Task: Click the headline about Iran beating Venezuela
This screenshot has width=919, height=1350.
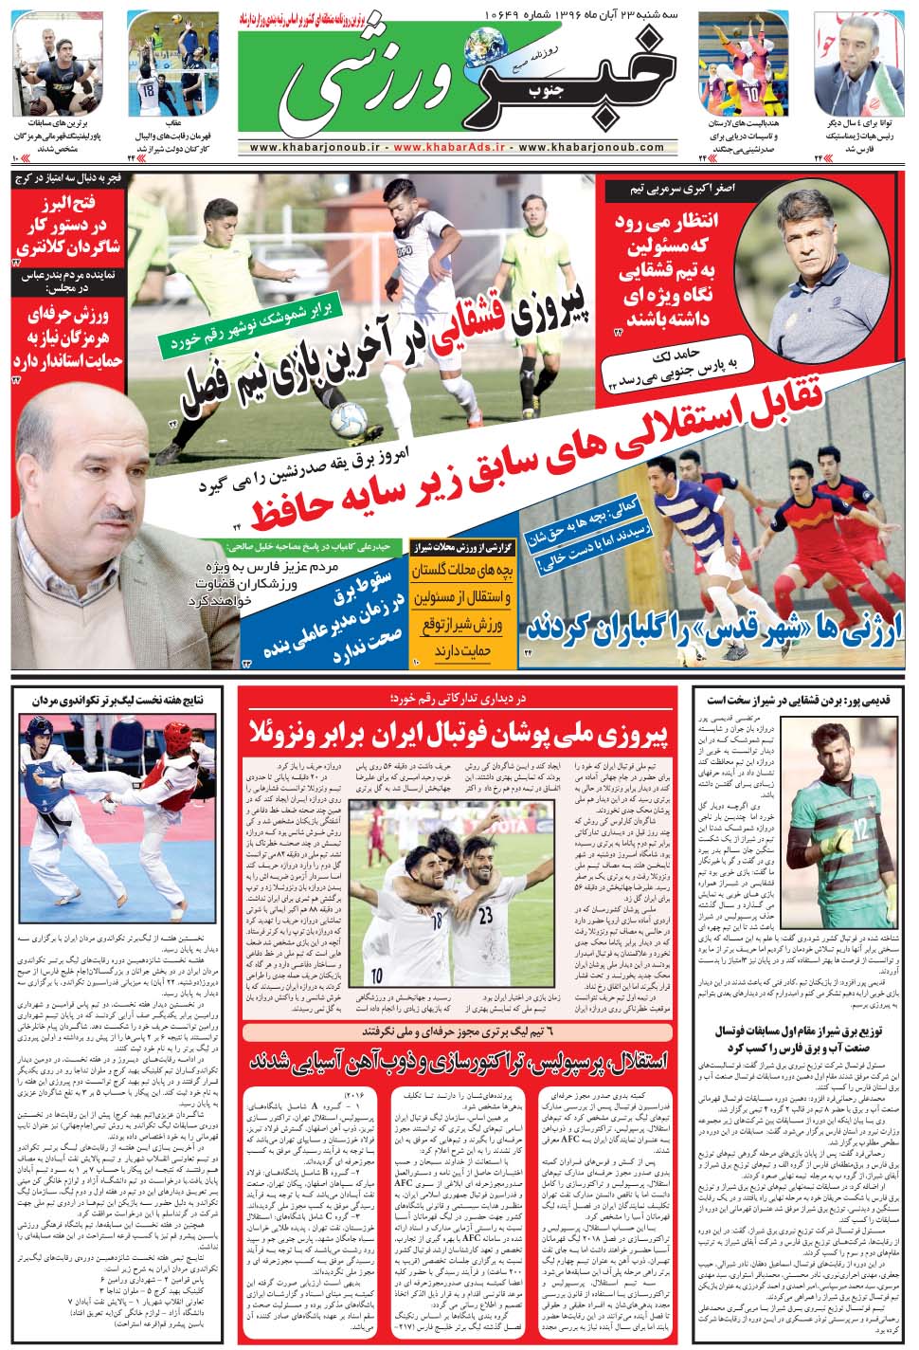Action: [x=460, y=732]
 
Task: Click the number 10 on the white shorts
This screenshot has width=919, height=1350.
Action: [x=377, y=974]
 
